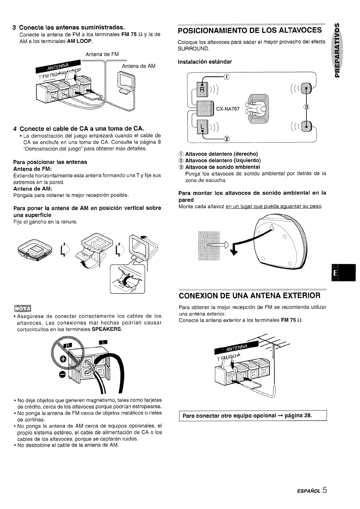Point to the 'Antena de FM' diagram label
click(102, 54)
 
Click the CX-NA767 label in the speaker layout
click(228, 109)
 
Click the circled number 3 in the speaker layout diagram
click(307, 107)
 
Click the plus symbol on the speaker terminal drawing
click(63, 359)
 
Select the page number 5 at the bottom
click(325, 490)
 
